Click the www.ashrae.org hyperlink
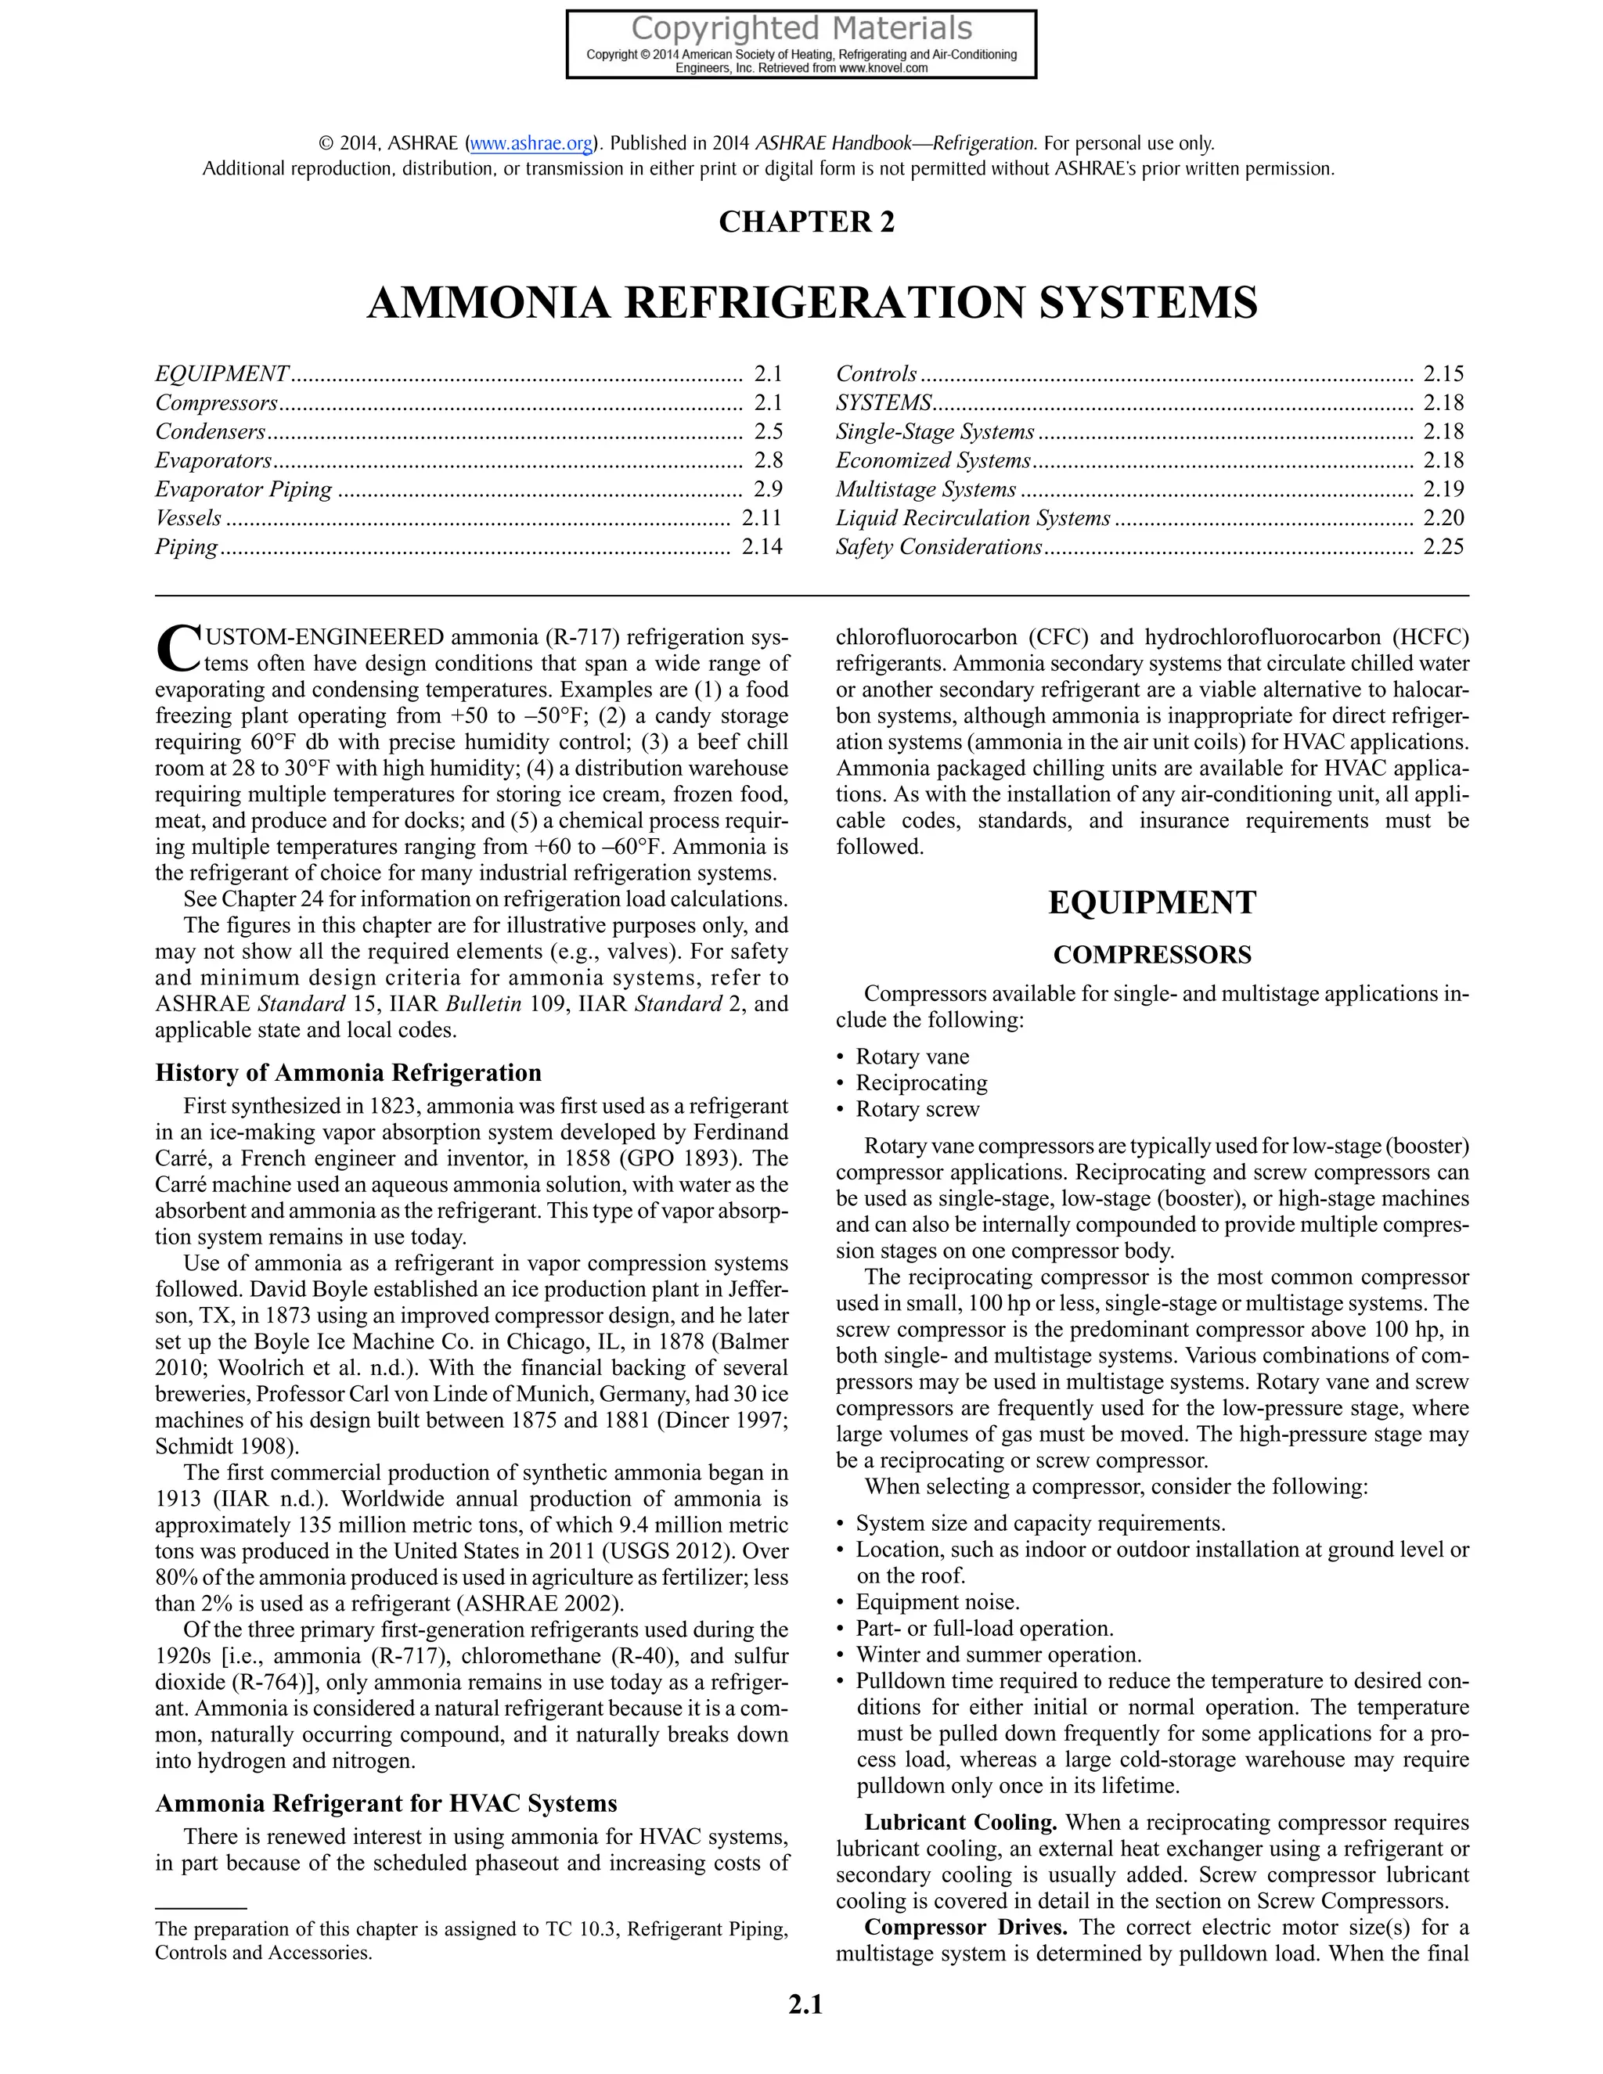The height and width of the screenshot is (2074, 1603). click(531, 144)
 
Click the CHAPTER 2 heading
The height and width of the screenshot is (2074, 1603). click(806, 221)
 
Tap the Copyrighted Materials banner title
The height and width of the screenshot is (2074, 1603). click(801, 27)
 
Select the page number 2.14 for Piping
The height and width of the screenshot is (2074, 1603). click(762, 547)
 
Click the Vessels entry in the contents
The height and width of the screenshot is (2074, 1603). click(188, 518)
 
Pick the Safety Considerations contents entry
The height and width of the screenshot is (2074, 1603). click(938, 547)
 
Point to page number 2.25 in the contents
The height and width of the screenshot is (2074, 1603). click(1443, 547)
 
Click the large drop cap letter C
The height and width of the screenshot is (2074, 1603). click(177, 649)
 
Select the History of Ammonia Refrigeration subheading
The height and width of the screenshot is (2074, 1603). click(348, 1073)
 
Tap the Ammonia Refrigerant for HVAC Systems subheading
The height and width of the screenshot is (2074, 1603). click(386, 1803)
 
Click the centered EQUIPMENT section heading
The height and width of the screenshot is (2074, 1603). click(1152, 902)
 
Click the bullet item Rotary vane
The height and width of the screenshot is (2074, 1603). click(912, 1057)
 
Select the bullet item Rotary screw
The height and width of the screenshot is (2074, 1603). click(917, 1109)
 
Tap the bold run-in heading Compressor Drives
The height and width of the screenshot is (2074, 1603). click(966, 1927)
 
